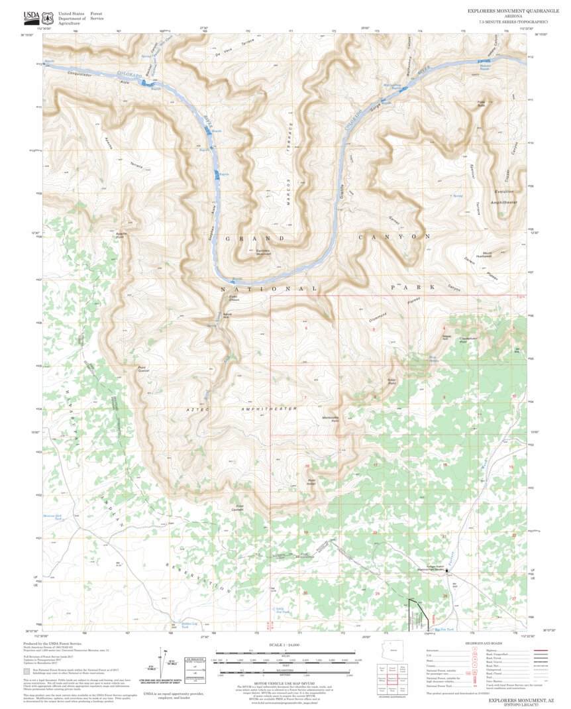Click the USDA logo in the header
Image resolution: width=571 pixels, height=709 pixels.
pos(32,17)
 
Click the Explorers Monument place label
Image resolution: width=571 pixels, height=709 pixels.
pos(263,252)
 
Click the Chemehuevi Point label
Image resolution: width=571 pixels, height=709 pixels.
pos(469,341)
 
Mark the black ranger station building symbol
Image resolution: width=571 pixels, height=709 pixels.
pos(446,570)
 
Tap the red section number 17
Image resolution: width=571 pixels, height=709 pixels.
pos(375,466)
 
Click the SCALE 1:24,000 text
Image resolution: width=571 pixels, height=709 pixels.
pos(285,645)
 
